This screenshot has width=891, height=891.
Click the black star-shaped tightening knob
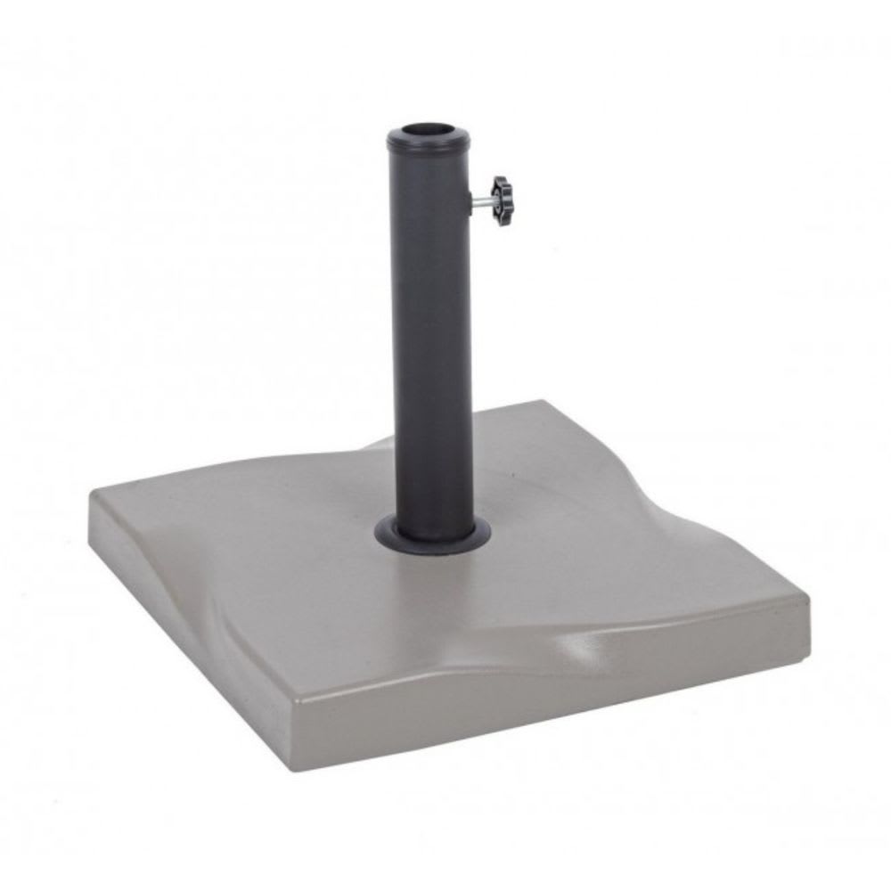point(505,200)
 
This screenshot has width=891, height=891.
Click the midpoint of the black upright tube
point(432,339)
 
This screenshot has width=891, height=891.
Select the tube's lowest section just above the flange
point(434,508)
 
